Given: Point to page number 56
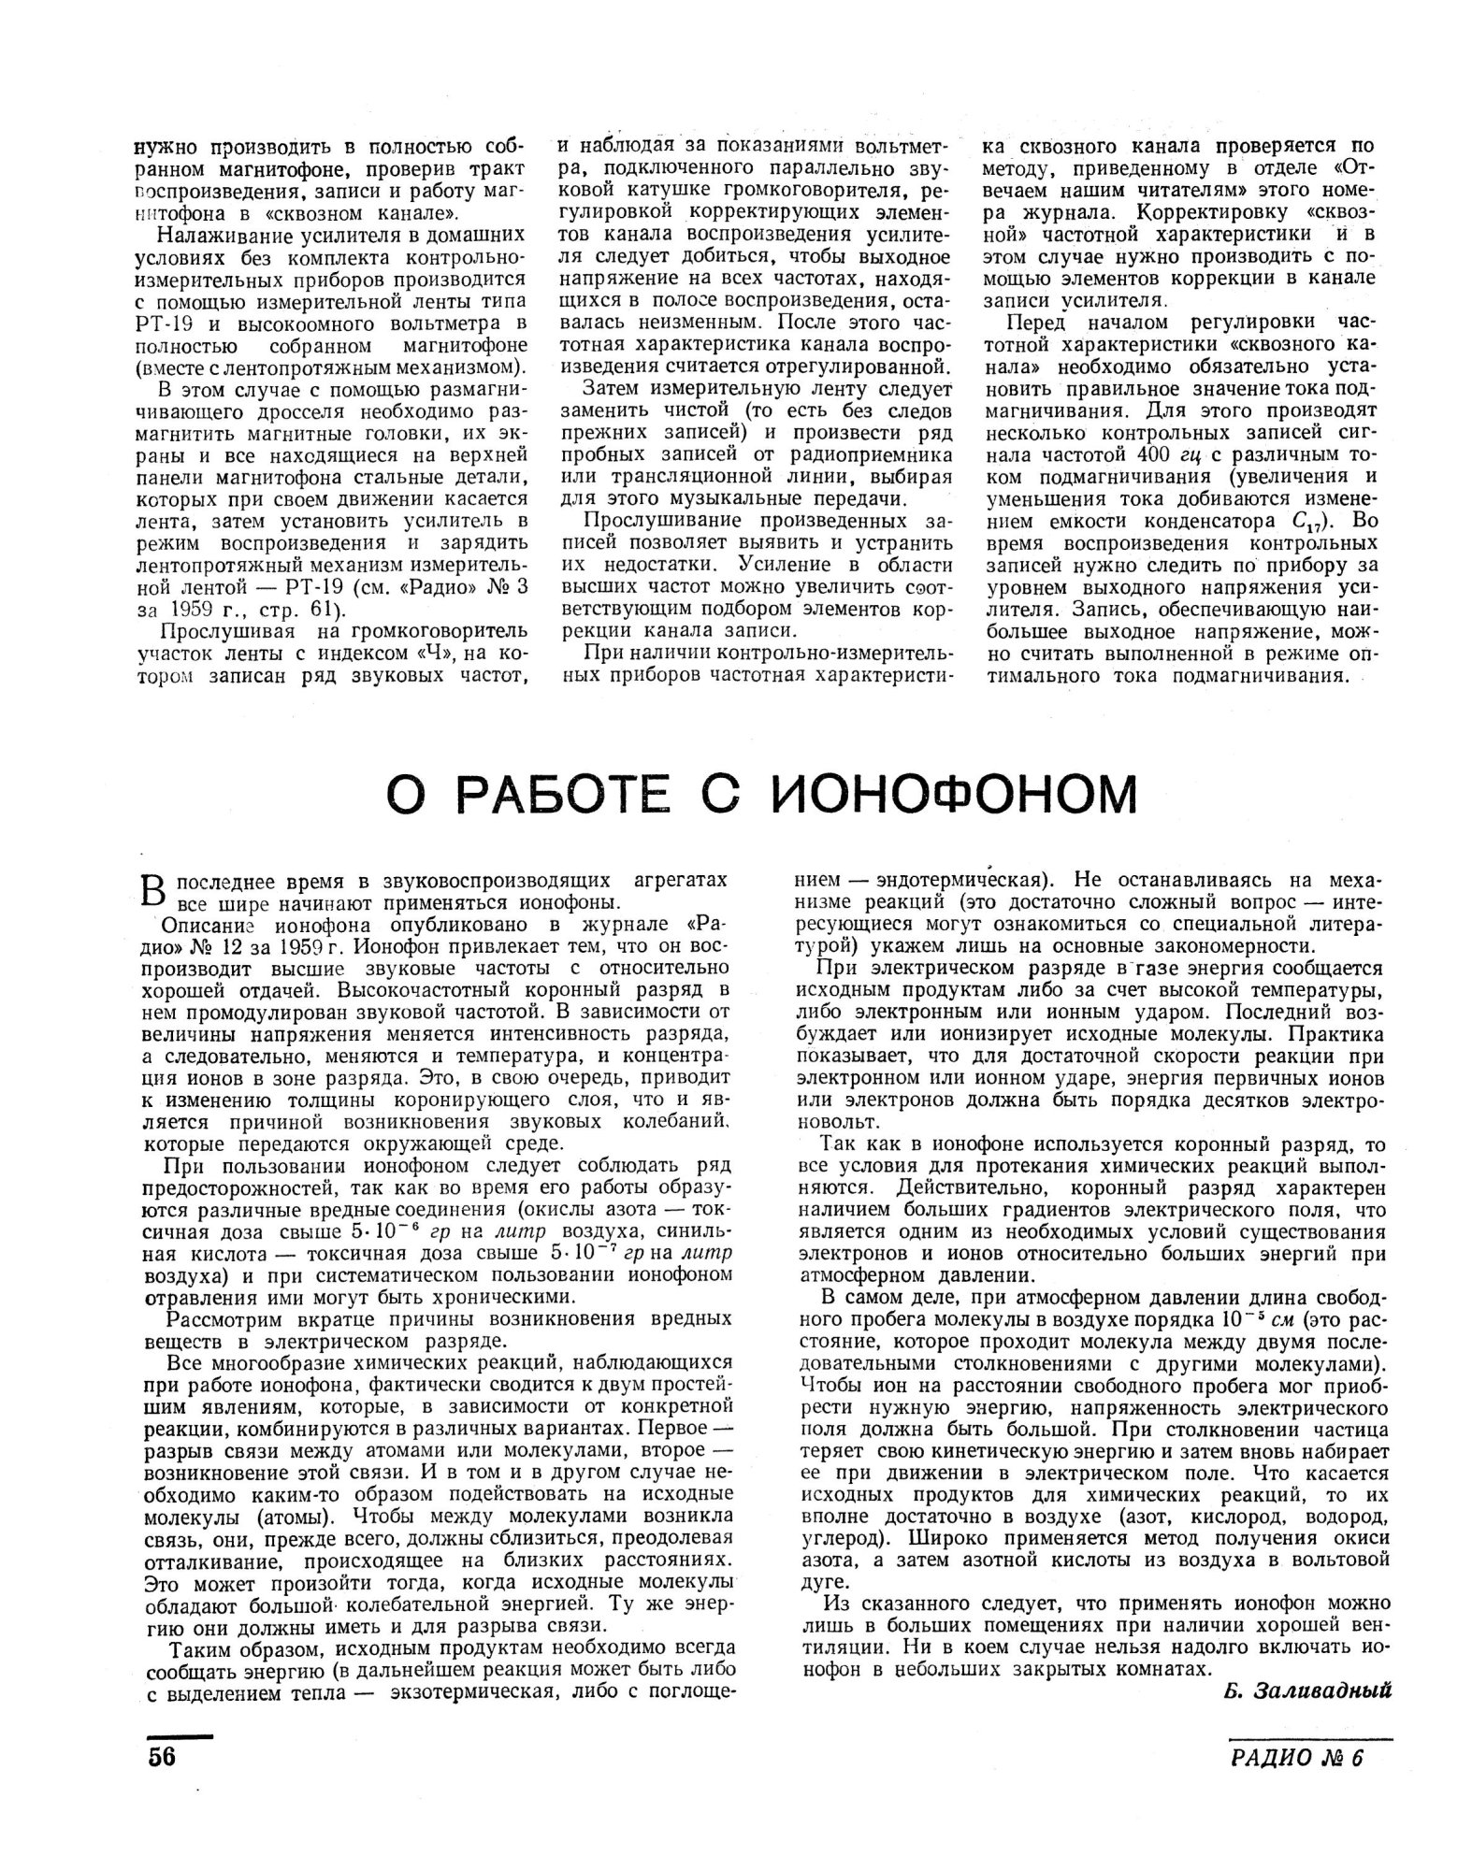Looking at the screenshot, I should [161, 1756].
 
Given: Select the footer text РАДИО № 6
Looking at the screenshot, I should [1297, 1758].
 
